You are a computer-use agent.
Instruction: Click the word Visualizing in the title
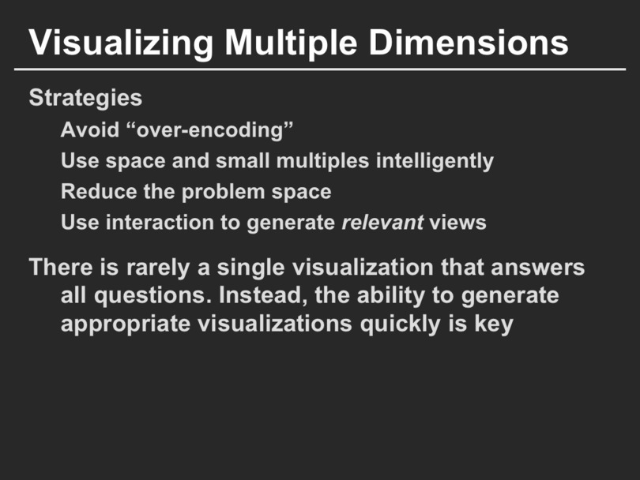coord(121,43)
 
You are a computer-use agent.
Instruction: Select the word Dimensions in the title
coord(469,43)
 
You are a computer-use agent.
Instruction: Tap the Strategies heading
coord(85,98)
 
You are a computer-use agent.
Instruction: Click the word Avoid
coord(90,129)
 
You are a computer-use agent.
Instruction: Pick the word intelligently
coord(435,161)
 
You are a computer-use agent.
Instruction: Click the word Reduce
coord(99,191)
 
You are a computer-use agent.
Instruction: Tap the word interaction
coord(160,223)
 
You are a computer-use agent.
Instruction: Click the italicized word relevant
coord(382,223)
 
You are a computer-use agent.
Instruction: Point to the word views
coord(457,223)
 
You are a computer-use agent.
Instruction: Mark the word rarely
coord(158,268)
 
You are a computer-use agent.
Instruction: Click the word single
coord(250,268)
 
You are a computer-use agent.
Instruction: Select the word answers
coord(537,268)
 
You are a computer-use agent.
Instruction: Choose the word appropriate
coord(126,324)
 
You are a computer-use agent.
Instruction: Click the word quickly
coord(400,324)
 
